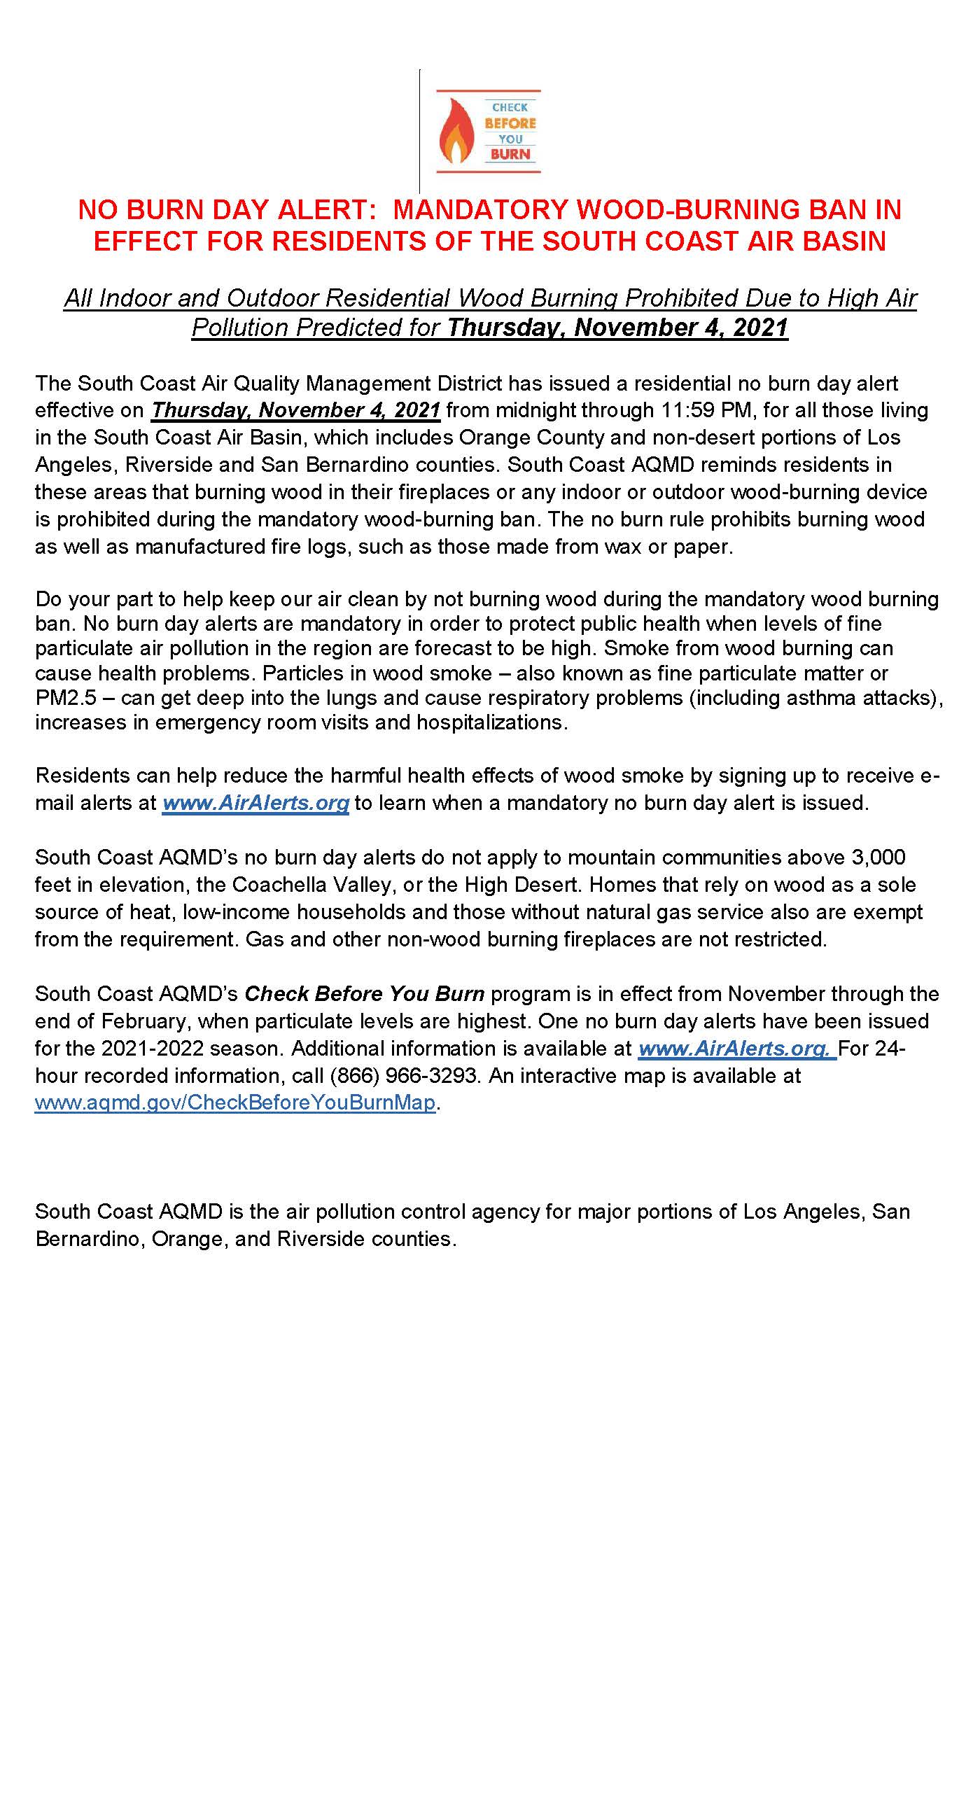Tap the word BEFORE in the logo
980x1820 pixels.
pos(510,123)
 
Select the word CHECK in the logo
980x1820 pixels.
pos(510,107)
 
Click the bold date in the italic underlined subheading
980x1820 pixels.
pos(617,328)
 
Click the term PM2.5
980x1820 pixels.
pos(66,697)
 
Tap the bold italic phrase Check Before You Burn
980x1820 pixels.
pos(364,993)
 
